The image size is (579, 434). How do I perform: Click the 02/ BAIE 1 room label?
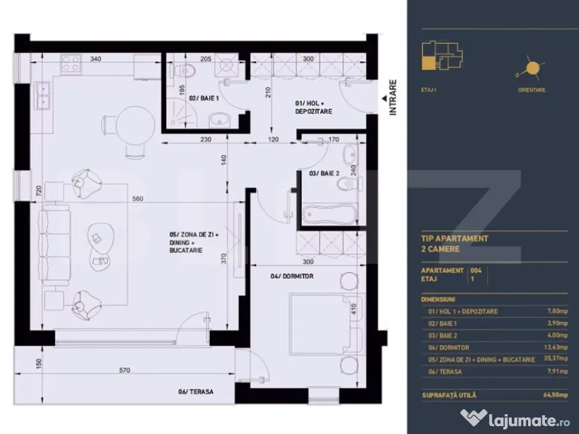tap(204, 98)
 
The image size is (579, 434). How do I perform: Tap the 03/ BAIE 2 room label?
tap(324, 173)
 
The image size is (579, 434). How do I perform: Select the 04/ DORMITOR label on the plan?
tap(292, 276)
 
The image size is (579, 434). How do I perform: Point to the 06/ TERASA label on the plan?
tap(196, 392)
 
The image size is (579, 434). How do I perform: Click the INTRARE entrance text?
tap(393, 97)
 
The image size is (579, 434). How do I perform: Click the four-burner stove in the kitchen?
tap(71, 63)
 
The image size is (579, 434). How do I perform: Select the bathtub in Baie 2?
tap(330, 214)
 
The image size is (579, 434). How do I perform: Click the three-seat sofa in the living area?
tap(55, 245)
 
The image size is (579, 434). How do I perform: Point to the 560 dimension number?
tap(137, 198)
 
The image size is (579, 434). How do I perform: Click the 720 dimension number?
tap(39, 190)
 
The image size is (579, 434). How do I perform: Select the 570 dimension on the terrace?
tap(124, 370)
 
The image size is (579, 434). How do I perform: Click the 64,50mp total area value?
tap(555, 395)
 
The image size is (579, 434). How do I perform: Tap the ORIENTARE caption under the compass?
tap(532, 90)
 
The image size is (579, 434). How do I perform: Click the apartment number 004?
tap(476, 270)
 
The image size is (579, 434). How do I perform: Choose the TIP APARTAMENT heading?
tap(455, 238)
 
